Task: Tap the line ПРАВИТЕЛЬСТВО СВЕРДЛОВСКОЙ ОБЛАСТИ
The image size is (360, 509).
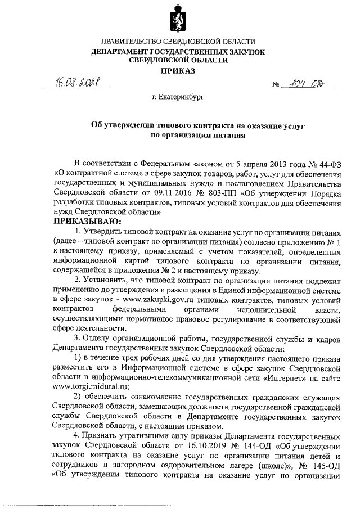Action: (x=178, y=42)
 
